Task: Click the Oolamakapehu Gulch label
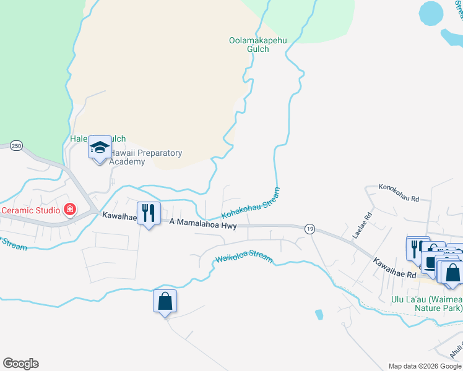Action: coord(249,45)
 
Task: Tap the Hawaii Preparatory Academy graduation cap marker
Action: coord(100,147)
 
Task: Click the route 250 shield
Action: coord(16,145)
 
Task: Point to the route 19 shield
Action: coord(309,229)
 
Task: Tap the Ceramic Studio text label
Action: coord(30,210)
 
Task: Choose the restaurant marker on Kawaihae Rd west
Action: coord(149,213)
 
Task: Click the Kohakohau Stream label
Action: coord(251,203)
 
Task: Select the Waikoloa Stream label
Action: coord(243,258)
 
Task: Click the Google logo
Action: coord(20,364)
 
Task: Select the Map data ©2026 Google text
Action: coord(424,366)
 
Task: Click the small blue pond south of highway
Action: coord(319,314)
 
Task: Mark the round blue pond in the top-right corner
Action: coord(431,12)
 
